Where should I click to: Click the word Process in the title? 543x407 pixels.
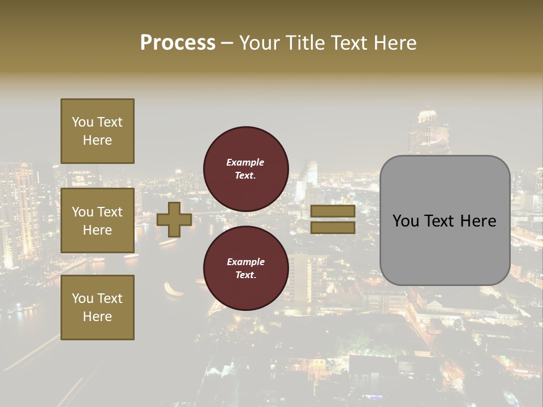point(178,43)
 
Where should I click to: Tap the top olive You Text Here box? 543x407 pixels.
point(97,131)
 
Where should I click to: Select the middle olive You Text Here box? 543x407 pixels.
point(97,220)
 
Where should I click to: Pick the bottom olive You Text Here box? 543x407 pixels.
point(97,308)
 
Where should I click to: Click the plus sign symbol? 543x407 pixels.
point(174,219)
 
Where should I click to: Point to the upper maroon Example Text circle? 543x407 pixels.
point(245,168)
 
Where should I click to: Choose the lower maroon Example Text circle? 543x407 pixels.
point(245,268)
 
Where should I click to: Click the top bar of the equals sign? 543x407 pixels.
point(333,211)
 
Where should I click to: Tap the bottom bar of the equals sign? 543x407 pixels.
point(333,227)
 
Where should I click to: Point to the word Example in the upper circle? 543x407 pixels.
point(245,162)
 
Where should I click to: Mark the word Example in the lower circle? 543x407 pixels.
point(245,262)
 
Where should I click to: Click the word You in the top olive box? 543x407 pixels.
point(83,122)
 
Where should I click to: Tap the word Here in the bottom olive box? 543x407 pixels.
point(97,317)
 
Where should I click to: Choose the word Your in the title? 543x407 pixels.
point(261,43)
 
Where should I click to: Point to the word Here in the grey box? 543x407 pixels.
point(478,221)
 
